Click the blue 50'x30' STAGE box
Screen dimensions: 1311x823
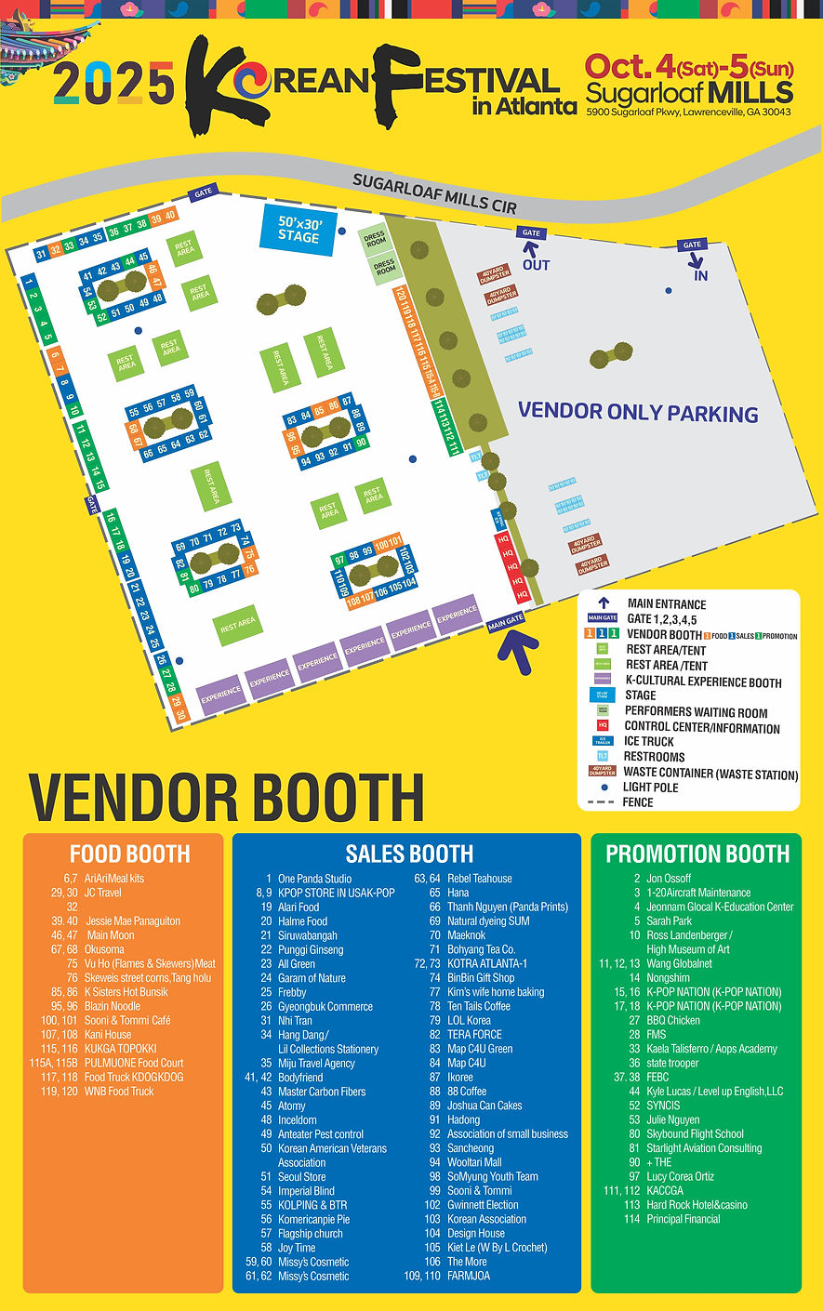tap(299, 229)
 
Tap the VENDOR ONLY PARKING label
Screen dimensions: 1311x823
tap(638, 412)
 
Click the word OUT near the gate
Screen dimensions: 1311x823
tap(536, 265)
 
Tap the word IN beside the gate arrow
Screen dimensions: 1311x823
tap(700, 275)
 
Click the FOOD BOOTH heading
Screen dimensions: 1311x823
tap(129, 854)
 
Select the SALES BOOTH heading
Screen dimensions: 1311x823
tap(409, 854)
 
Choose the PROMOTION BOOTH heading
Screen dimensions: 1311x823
tap(697, 854)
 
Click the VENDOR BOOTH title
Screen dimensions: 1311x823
tap(227, 797)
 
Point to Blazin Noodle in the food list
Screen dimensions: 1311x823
tap(112, 1006)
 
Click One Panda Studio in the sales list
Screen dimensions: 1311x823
tap(314, 879)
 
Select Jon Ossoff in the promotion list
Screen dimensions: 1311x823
tap(669, 879)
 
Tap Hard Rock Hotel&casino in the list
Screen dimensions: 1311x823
tap(697, 1205)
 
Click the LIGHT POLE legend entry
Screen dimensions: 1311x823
tap(650, 788)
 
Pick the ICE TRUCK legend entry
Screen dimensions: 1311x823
tap(649, 741)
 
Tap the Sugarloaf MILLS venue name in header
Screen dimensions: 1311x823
tap(689, 93)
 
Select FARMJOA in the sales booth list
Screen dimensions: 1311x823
tap(468, 1276)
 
